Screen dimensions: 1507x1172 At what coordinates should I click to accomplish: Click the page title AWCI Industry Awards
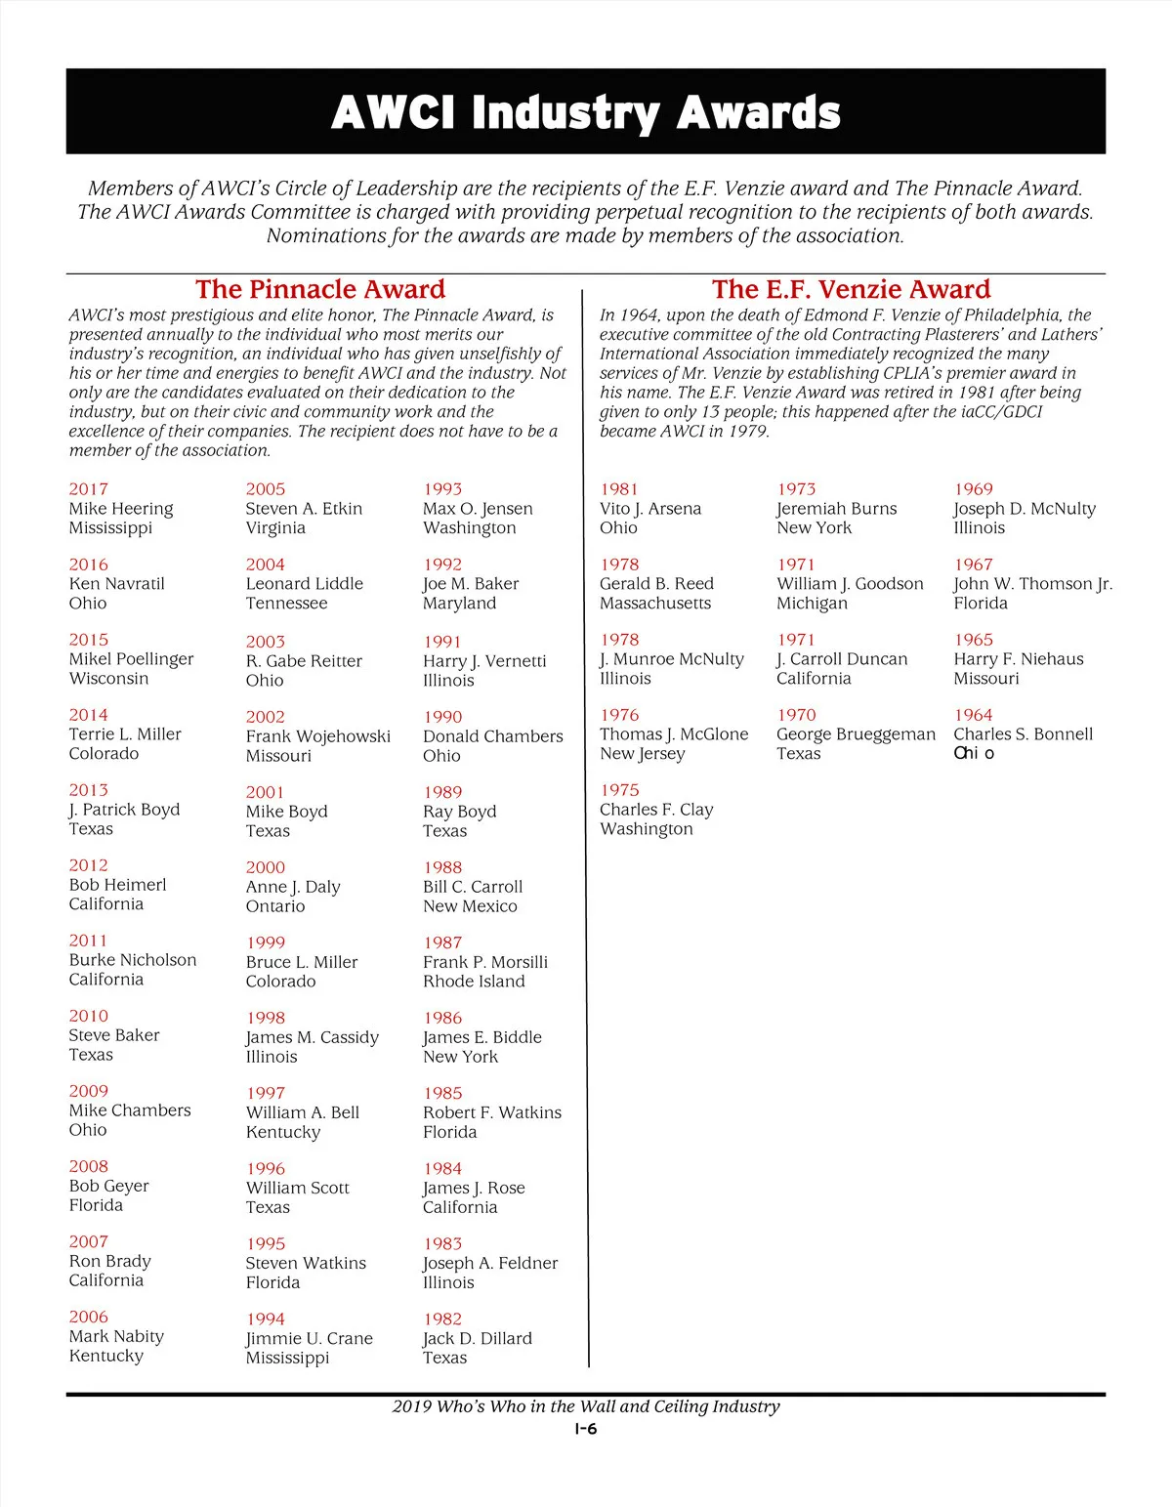[x=585, y=112]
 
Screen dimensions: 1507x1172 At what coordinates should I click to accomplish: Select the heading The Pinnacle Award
[x=319, y=289]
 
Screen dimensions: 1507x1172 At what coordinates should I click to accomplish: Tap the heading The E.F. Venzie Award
[x=851, y=289]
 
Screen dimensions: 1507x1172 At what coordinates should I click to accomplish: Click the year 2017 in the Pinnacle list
[x=88, y=489]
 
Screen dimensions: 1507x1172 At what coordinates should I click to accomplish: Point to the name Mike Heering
[x=120, y=509]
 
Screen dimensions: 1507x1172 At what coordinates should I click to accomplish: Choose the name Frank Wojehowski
[x=317, y=736]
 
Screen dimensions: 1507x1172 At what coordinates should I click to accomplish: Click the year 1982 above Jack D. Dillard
[x=442, y=1319]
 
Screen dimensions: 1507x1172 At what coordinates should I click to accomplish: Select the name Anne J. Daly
[x=293, y=887]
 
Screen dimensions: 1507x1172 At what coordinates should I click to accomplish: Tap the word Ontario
[x=275, y=906]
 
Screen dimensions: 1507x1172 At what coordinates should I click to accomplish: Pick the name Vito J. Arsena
[x=649, y=509]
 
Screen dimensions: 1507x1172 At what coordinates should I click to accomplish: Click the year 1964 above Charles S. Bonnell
[x=973, y=715]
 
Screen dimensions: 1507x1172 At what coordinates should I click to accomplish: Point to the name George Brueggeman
[x=856, y=734]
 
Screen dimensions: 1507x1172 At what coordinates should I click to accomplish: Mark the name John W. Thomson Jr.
[x=1032, y=584]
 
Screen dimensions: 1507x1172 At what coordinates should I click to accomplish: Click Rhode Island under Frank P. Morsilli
[x=474, y=982]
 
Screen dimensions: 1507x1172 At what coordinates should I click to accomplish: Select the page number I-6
[x=585, y=1429]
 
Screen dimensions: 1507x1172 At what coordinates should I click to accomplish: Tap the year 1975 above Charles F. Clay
[x=619, y=790]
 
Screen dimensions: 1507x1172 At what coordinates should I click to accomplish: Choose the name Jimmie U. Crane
[x=309, y=1339]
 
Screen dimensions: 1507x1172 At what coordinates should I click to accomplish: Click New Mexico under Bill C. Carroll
[x=470, y=906]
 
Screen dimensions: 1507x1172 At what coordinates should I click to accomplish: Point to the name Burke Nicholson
[x=132, y=960]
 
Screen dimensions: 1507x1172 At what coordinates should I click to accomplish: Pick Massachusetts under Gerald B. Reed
[x=654, y=604]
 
